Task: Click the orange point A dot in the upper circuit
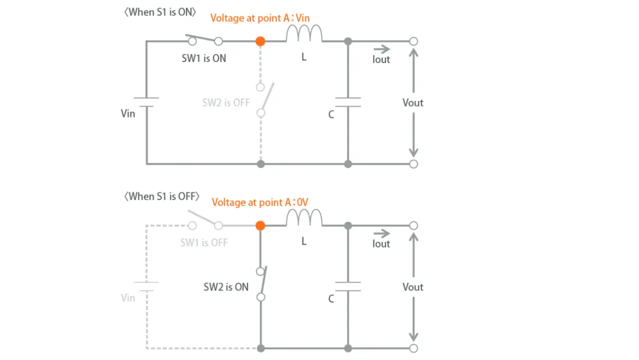(x=260, y=41)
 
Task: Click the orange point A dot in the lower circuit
(x=260, y=226)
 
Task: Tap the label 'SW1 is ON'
(x=204, y=58)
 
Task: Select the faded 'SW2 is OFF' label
(x=226, y=103)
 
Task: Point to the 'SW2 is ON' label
(x=226, y=287)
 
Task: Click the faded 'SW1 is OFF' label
(x=204, y=243)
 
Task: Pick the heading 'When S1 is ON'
(x=160, y=12)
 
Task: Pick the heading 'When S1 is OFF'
(x=162, y=197)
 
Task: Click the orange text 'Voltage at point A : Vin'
(x=260, y=18)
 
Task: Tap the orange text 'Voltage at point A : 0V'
(x=261, y=203)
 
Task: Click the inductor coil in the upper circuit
(x=304, y=34)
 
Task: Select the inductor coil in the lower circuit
(x=304, y=219)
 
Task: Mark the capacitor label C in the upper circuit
(x=331, y=115)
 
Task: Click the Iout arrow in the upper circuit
(x=382, y=49)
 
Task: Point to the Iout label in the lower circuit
(x=381, y=244)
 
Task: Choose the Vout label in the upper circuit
(x=413, y=103)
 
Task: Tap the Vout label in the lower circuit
(x=413, y=287)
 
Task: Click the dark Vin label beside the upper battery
(x=128, y=114)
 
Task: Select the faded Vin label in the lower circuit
(x=128, y=298)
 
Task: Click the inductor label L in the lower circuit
(x=304, y=242)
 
